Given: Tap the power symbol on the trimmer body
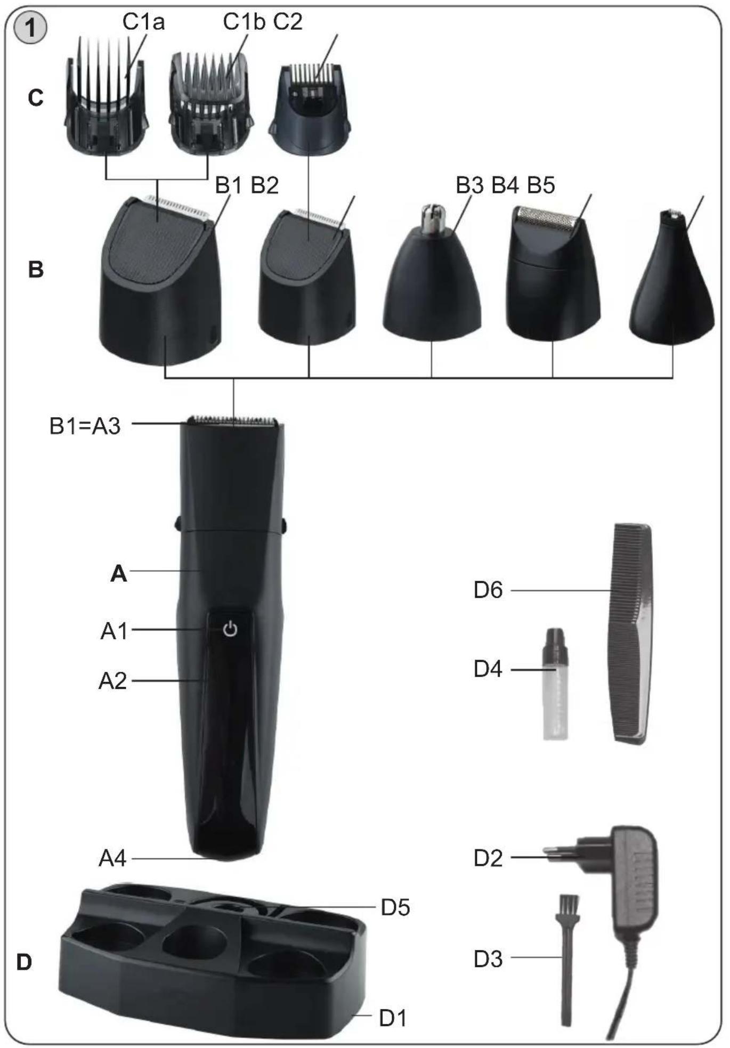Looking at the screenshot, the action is pos(230,629).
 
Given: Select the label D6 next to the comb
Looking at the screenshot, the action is pos(488,590).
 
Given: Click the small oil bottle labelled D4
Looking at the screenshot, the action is pos(555,684).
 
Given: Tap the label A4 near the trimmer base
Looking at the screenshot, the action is pos(112,858).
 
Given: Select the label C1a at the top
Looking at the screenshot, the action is pos(144,22).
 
